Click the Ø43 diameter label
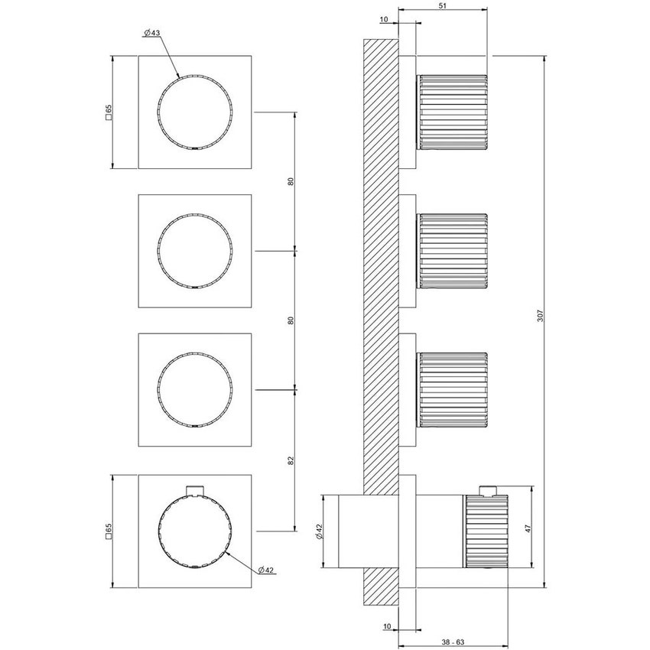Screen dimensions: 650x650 point(151,33)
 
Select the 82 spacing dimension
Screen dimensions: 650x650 point(291,460)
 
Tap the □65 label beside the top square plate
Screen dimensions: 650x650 point(109,112)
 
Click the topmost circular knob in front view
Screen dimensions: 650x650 point(194,112)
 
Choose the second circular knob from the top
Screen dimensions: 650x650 point(194,251)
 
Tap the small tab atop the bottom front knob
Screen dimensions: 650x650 point(195,490)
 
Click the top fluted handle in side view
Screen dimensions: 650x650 point(452,112)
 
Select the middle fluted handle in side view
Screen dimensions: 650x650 point(452,251)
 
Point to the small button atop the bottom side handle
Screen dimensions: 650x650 point(487,489)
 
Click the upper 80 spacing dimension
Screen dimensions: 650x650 point(291,181)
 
